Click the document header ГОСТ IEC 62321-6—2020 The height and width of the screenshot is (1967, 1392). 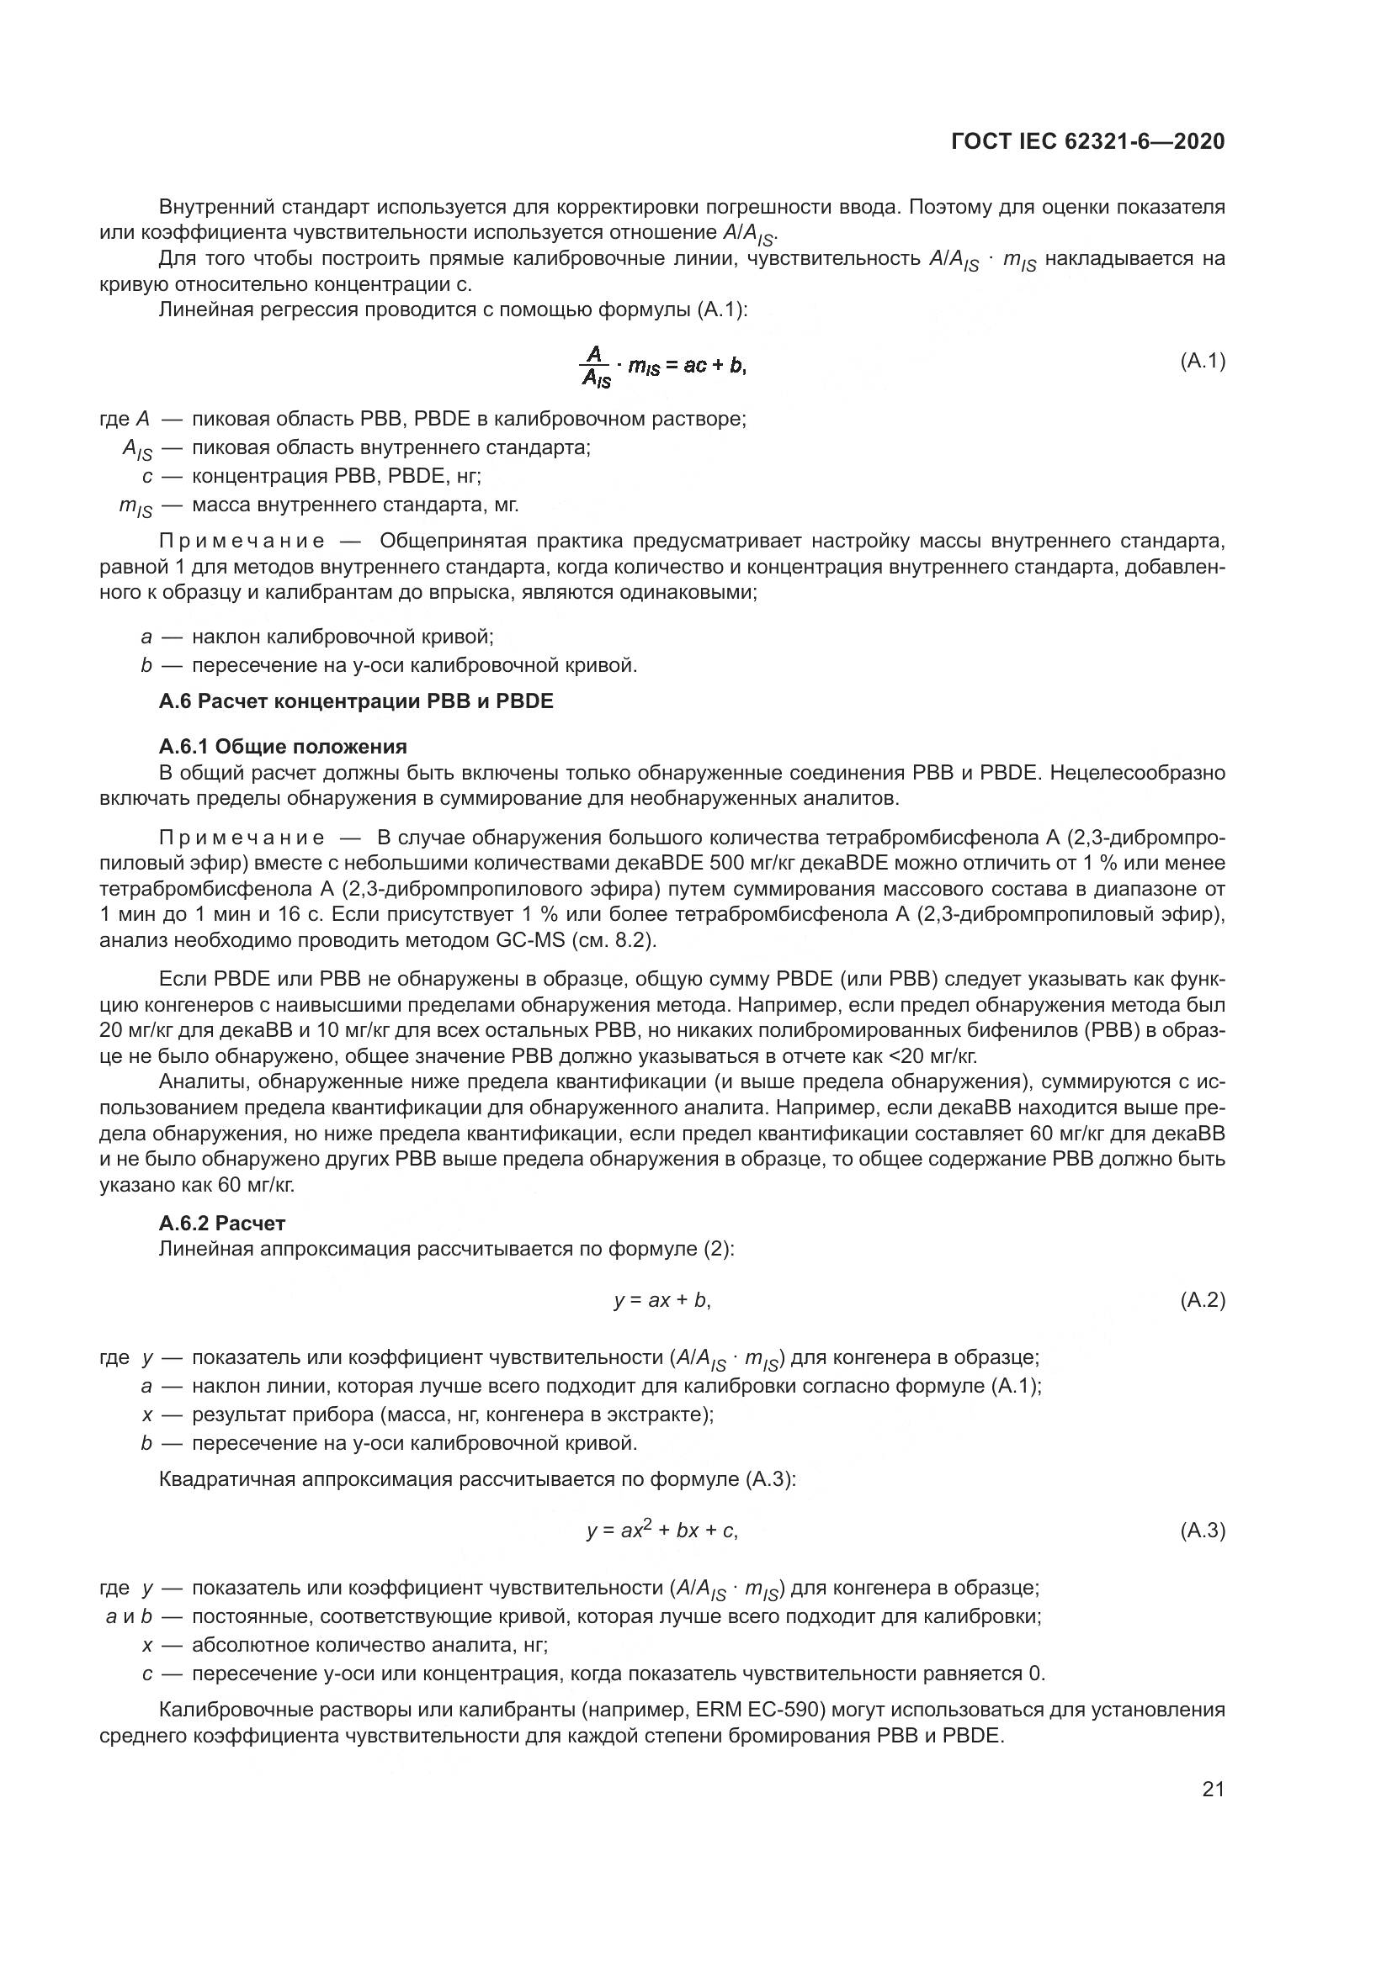(x=1087, y=141)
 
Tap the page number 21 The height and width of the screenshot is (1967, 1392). (x=1213, y=1789)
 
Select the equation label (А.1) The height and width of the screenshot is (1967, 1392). (x=1203, y=361)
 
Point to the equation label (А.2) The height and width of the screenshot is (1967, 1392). (x=1203, y=1300)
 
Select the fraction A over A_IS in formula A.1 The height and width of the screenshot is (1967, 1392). (x=597, y=367)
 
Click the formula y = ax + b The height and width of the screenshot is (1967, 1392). (x=661, y=1300)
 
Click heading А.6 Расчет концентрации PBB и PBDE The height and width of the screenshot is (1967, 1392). (x=356, y=701)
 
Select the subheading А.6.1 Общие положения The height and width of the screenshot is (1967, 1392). (x=283, y=745)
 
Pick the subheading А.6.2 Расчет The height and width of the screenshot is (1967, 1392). (x=222, y=1223)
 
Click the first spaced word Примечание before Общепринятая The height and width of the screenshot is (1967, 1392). (x=242, y=542)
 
